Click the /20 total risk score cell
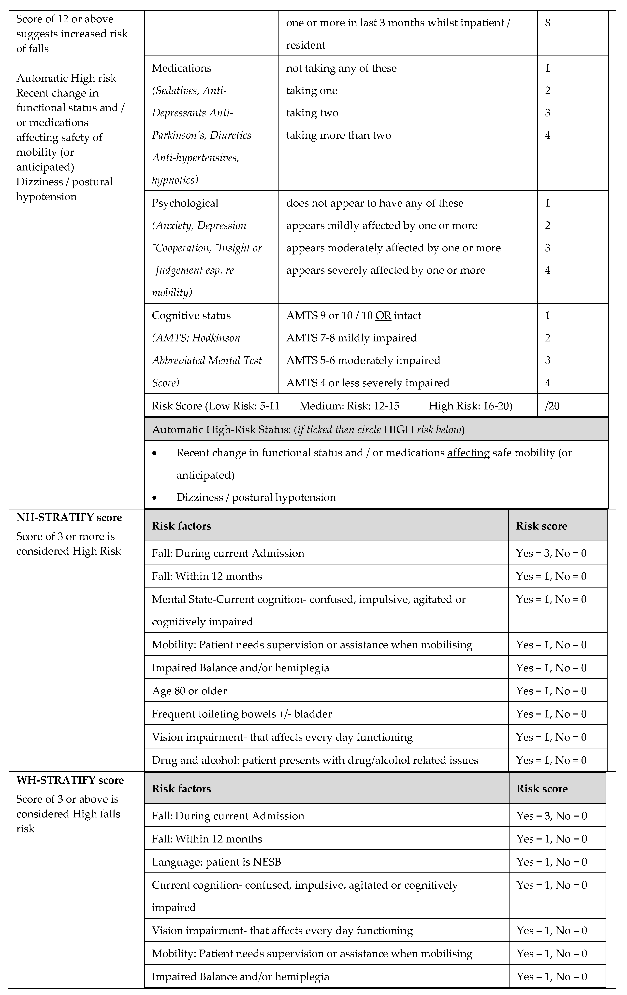[x=552, y=406]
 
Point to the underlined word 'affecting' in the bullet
[x=468, y=453]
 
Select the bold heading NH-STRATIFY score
[x=69, y=518]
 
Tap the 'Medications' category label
[x=181, y=68]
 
